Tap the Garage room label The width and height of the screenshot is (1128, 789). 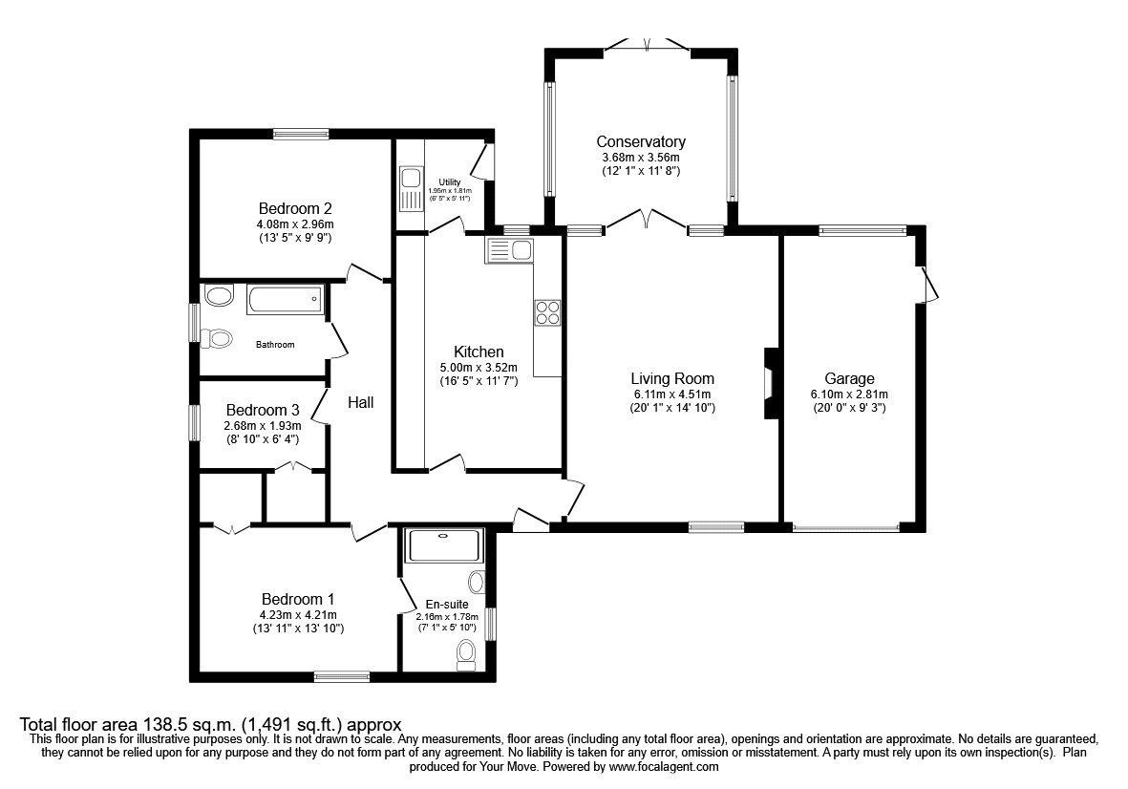coord(849,378)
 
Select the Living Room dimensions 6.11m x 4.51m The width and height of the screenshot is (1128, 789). coord(672,394)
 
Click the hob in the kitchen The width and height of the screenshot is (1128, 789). coord(547,313)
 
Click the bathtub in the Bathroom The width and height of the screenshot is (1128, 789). coord(285,301)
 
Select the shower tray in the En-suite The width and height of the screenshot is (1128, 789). coord(444,544)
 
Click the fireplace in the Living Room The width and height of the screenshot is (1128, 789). coord(771,383)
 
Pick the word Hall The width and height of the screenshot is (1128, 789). coord(360,403)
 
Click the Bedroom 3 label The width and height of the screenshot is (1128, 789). coord(262,410)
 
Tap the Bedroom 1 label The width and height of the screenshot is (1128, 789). coord(297,599)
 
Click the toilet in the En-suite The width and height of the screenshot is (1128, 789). coord(466,651)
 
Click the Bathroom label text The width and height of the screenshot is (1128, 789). coord(275,345)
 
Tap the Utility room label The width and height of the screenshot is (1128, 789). coord(450,181)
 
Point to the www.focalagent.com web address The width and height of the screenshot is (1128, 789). coord(664,767)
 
